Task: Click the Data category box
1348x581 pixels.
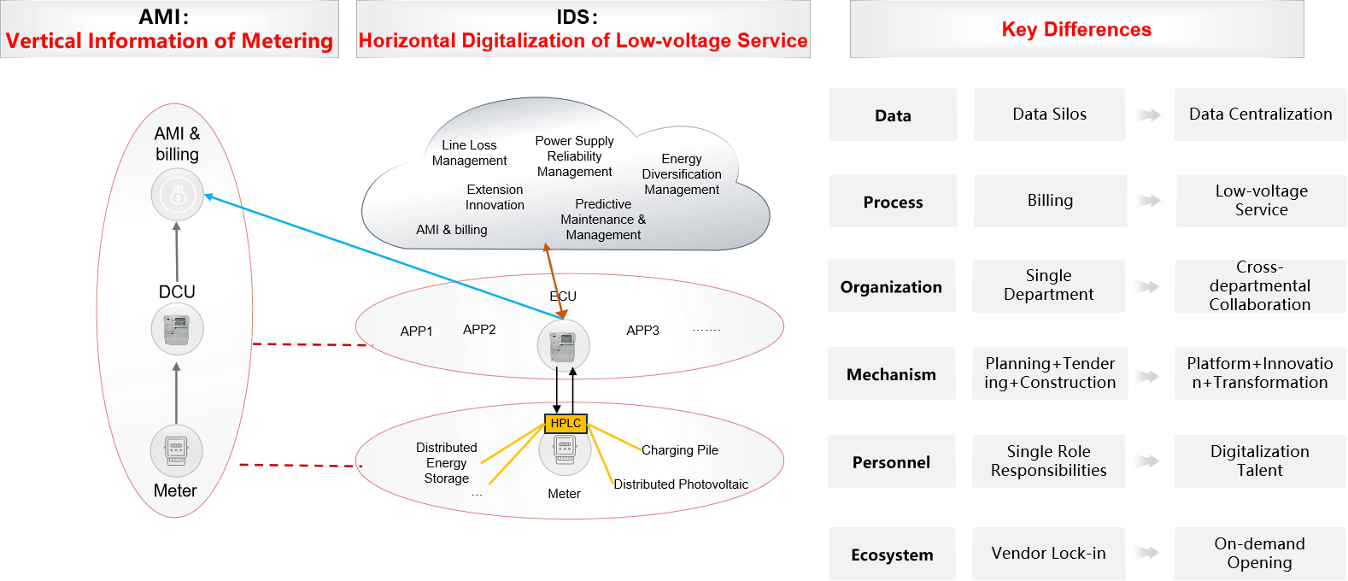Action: (x=893, y=114)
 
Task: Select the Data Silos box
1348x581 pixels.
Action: (x=1049, y=114)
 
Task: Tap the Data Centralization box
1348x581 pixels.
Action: (x=1260, y=114)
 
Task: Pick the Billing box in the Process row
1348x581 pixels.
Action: (x=1050, y=201)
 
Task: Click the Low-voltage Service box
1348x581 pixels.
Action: (x=1261, y=201)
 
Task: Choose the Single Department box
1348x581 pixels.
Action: (x=1048, y=285)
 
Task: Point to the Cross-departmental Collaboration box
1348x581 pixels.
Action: (x=1259, y=285)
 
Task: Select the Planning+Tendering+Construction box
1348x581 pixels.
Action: (x=1050, y=373)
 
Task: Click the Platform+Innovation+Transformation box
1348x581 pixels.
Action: (x=1259, y=373)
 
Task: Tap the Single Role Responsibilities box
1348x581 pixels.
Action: (x=1048, y=461)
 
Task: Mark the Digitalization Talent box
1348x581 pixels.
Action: (x=1259, y=461)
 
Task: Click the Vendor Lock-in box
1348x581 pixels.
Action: (x=1048, y=554)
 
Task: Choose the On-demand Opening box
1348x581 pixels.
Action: (x=1259, y=554)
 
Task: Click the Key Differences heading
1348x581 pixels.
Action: (x=1076, y=30)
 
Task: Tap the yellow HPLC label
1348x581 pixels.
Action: (x=566, y=423)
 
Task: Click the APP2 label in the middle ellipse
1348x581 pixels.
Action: (x=479, y=330)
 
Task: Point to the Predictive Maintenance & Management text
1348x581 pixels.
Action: (x=603, y=220)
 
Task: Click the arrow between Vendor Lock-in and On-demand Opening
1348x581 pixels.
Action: (x=1147, y=554)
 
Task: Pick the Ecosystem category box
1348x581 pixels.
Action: (x=892, y=555)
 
